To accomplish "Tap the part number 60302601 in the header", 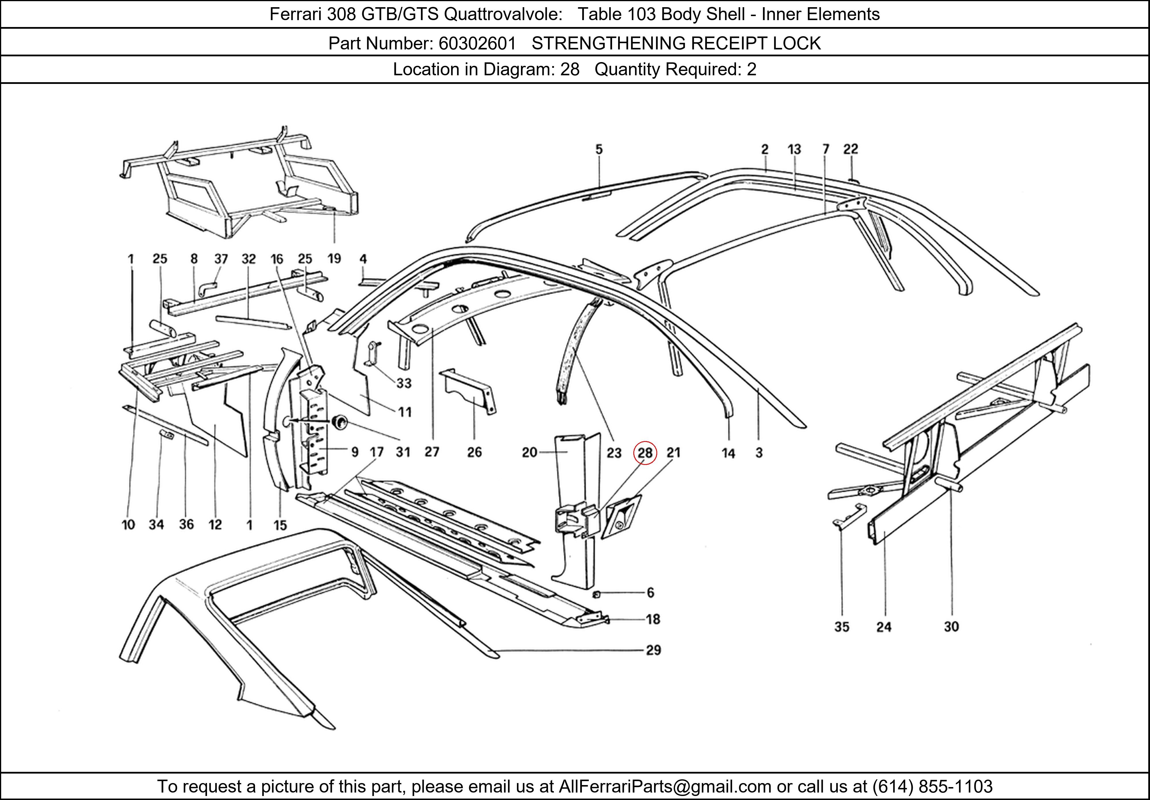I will tap(477, 44).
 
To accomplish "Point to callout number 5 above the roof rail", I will tap(599, 149).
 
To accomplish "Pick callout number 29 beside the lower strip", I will tap(653, 650).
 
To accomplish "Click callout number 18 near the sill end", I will tap(653, 619).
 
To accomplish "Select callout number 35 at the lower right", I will tap(842, 627).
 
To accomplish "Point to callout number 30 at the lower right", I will tap(951, 627).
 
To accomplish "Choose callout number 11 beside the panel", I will tap(405, 412).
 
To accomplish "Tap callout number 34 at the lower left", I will tap(156, 525).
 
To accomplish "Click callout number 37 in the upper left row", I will tap(221, 259).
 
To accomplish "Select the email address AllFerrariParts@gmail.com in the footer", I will tap(665, 786).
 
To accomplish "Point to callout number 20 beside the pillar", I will tap(529, 453).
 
